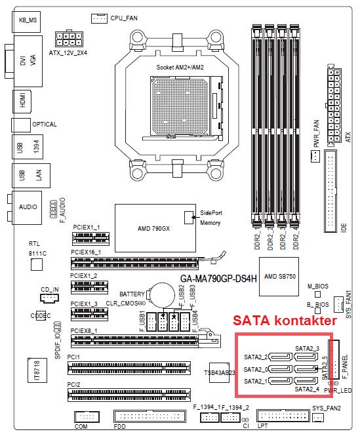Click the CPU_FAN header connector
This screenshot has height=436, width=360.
pyautogui.click(x=99, y=18)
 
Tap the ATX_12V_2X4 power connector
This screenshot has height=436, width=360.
pyautogui.click(x=69, y=39)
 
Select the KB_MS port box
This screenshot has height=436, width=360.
pyautogui.click(x=26, y=22)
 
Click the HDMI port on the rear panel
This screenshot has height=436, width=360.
pyautogui.click(x=22, y=102)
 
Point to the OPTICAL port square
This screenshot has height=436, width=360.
pyautogui.click(x=21, y=125)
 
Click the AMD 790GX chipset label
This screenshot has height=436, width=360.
pyautogui.click(x=153, y=229)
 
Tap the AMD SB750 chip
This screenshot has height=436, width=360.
pyautogui.click(x=279, y=277)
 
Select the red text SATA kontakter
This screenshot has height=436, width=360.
pyautogui.click(x=285, y=321)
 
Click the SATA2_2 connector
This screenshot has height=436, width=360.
pyautogui.click(x=281, y=357)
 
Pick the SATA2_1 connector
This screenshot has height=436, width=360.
pyautogui.click(x=281, y=381)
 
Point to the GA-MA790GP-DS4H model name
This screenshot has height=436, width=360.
pyautogui.click(x=218, y=279)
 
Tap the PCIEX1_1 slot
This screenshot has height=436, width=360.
pyautogui.click(x=90, y=239)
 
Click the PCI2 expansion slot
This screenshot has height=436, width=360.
pyautogui.click(x=129, y=395)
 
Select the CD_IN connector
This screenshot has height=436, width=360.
pyautogui.click(x=50, y=298)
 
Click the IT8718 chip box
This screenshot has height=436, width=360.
pyautogui.click(x=37, y=370)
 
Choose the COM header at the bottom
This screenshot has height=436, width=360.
pyautogui.click(x=87, y=416)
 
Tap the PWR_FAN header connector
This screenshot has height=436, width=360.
pyautogui.click(x=315, y=156)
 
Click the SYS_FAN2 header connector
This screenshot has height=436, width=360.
pyautogui.click(x=318, y=417)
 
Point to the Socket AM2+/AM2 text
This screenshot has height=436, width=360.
pyautogui.click(x=180, y=68)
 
